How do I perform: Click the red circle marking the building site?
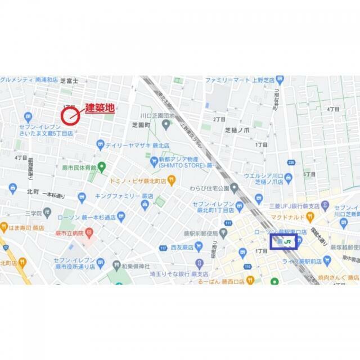coord(70,116)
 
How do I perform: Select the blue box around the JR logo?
coord(284,242)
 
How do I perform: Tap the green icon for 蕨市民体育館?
coord(102,166)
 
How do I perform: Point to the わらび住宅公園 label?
coord(217,187)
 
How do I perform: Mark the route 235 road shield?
coord(291,163)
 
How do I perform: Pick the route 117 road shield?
coord(163,248)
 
